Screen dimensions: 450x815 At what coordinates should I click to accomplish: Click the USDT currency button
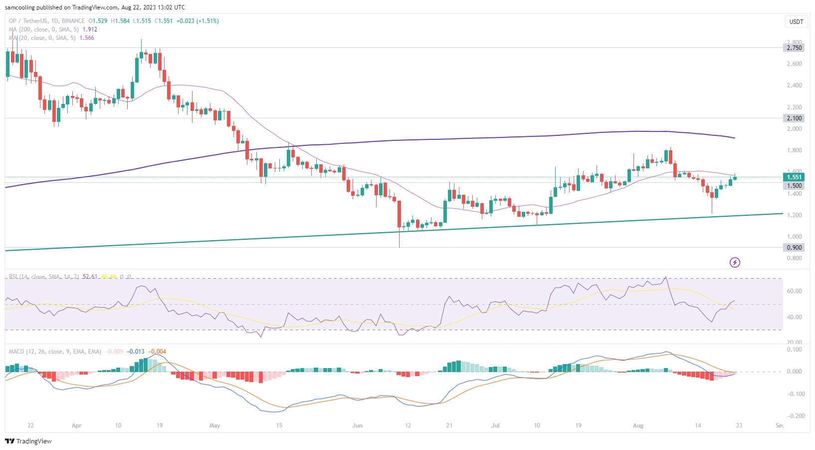(x=796, y=22)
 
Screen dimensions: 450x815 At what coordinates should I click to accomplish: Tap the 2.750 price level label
(x=794, y=48)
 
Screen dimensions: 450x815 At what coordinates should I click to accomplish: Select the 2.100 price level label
(x=794, y=118)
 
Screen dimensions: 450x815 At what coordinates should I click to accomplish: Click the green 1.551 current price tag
(x=794, y=177)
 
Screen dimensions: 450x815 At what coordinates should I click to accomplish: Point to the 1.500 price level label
(x=794, y=186)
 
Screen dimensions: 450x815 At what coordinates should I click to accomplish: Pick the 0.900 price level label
(x=794, y=248)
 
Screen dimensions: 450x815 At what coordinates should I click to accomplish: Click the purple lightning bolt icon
(x=735, y=262)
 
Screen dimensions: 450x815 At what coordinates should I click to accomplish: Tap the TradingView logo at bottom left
(x=28, y=441)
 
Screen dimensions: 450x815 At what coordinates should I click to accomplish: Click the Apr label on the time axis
(x=76, y=426)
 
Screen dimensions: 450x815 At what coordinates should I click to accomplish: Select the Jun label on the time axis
(x=357, y=426)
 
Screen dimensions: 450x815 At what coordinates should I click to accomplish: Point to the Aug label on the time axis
(x=638, y=426)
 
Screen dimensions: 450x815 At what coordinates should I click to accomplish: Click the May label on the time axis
(x=214, y=426)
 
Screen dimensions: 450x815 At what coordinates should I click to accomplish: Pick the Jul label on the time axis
(x=495, y=426)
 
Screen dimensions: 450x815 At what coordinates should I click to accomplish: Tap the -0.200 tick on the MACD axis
(x=793, y=416)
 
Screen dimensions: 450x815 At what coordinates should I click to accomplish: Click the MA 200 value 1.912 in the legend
(x=90, y=29)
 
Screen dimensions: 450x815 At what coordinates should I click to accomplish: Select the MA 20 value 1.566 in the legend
(x=87, y=38)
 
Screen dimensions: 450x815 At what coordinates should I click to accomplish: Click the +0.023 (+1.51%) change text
(x=198, y=21)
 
